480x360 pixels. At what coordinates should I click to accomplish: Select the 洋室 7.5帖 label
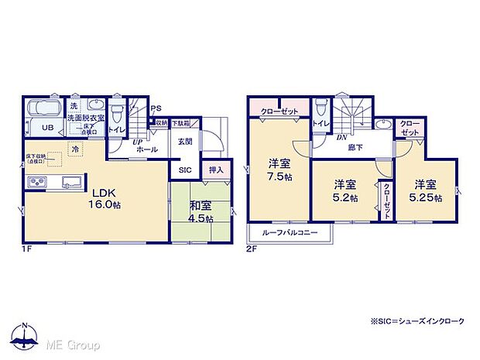[279, 170]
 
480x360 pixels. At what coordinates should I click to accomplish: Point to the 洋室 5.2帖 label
[345, 191]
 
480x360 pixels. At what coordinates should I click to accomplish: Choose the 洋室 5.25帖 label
[427, 191]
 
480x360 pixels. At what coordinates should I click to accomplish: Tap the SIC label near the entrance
[186, 170]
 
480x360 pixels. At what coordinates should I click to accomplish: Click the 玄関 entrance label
[186, 141]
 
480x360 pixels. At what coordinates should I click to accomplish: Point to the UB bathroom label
[47, 129]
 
